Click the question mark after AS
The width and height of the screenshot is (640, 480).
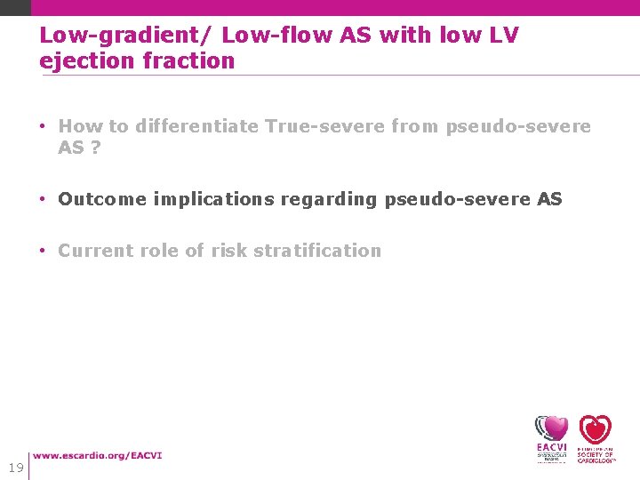click(x=95, y=148)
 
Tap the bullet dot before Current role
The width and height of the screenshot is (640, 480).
click(x=44, y=251)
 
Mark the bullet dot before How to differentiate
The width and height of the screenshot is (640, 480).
click(x=44, y=126)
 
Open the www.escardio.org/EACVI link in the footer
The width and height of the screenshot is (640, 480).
click(x=98, y=456)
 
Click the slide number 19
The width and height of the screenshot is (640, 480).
click(x=15, y=468)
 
